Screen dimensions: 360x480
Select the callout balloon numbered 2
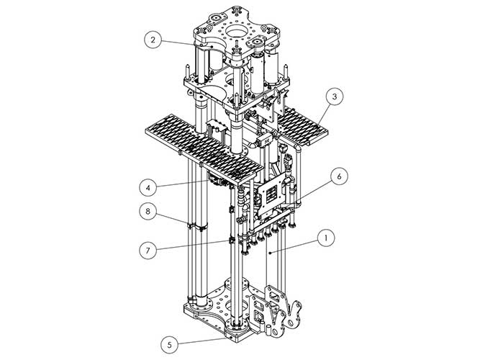151,40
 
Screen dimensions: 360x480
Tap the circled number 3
332,95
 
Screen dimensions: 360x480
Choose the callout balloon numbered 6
340,176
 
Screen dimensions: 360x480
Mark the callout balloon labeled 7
148,250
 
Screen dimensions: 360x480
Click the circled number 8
148,212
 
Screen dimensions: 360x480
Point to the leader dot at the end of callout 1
268,253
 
